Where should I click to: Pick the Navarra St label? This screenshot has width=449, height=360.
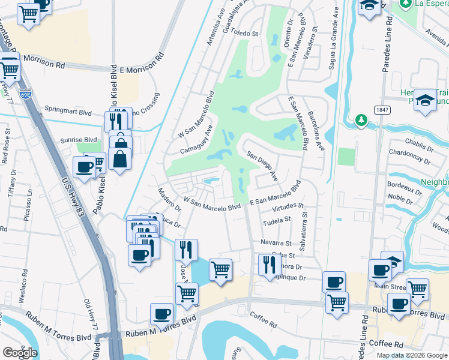[x=276, y=243]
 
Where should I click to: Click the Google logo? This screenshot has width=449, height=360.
[x=20, y=353]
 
